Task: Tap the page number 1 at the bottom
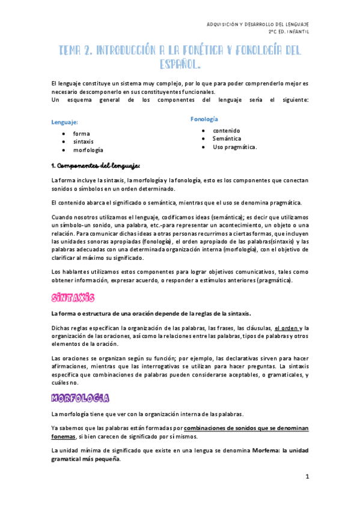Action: (x=306, y=477)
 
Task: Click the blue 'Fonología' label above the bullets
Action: (x=204, y=119)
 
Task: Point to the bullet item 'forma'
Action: (x=81, y=133)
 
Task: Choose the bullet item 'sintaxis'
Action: (x=84, y=141)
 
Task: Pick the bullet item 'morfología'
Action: (x=88, y=150)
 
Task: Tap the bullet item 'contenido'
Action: (x=226, y=130)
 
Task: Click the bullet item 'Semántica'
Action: (x=226, y=138)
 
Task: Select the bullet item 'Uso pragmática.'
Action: (x=234, y=147)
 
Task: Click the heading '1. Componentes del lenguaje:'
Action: (x=96, y=165)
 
